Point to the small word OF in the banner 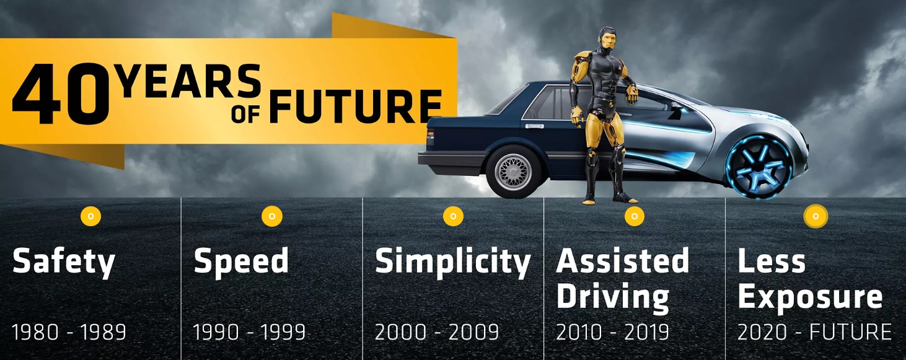(x=245, y=115)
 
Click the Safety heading (x=64, y=263)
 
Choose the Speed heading (x=241, y=263)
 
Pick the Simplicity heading (x=452, y=263)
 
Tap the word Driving (x=613, y=297)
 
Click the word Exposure (x=810, y=297)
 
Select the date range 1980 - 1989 (x=69, y=332)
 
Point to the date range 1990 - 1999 (x=249, y=332)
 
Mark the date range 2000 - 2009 (x=437, y=332)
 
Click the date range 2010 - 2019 (x=612, y=332)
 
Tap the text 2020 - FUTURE (x=814, y=332)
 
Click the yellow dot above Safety (x=90, y=216)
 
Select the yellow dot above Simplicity (x=453, y=216)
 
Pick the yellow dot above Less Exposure (x=816, y=216)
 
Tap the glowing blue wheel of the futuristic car (x=759, y=167)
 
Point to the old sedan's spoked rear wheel (x=514, y=172)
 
